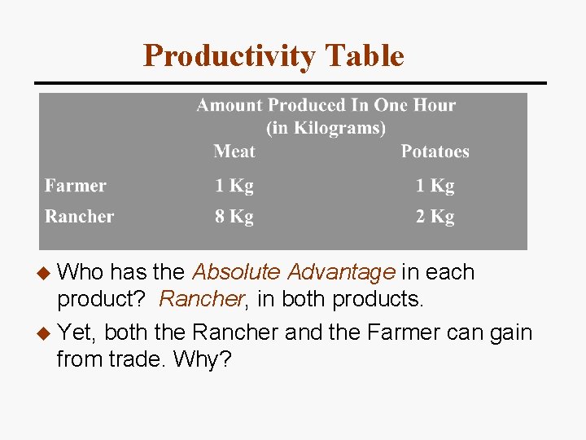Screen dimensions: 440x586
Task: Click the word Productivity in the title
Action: click(x=229, y=56)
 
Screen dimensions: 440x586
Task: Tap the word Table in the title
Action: click(x=364, y=56)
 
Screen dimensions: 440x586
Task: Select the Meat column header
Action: click(x=234, y=152)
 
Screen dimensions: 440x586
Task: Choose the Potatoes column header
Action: click(x=435, y=152)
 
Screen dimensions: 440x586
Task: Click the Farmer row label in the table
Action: click(x=76, y=186)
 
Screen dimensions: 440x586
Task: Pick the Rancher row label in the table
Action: click(x=79, y=217)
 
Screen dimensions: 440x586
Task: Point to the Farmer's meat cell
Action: click(x=234, y=186)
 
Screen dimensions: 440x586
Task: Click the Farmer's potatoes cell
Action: click(x=435, y=186)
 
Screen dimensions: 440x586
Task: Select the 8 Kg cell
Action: click(x=234, y=217)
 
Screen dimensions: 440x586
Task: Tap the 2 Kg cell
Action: click(x=435, y=217)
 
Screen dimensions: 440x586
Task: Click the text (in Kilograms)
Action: click(x=326, y=128)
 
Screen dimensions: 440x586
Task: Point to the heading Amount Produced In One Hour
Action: click(x=326, y=105)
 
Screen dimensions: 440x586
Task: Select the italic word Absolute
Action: click(x=236, y=272)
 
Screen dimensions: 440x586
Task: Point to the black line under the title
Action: click(x=290, y=82)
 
